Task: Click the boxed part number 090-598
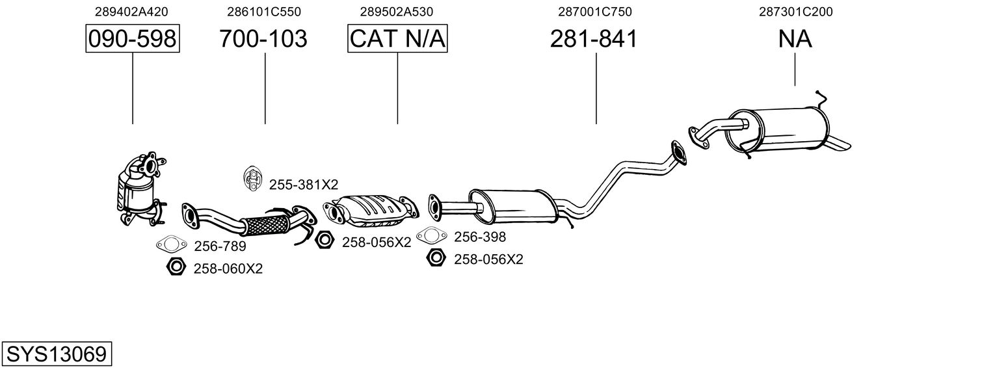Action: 133,38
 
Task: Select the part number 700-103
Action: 263,38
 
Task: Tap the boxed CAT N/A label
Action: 397,38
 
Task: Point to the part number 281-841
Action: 594,38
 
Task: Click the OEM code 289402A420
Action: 131,12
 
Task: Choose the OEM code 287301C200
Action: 795,12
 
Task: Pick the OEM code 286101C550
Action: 264,12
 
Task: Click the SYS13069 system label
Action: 57,354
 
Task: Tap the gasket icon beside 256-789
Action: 171,244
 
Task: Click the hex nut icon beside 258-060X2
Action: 176,267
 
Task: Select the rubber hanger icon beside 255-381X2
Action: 252,179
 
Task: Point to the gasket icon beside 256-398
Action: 431,235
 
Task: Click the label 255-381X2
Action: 304,185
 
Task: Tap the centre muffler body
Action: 514,206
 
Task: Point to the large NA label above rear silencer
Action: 795,38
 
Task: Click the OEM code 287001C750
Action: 595,12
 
